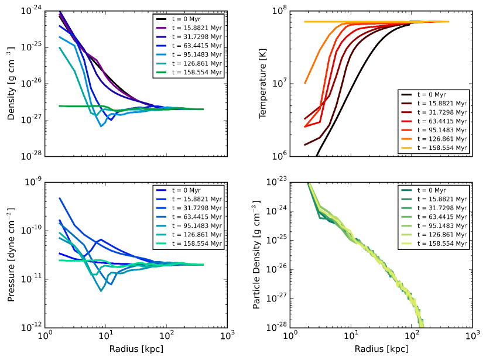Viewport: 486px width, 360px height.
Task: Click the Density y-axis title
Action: pyautogui.click(x=11, y=84)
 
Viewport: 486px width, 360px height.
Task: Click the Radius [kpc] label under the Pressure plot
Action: pyautogui.click(x=136, y=349)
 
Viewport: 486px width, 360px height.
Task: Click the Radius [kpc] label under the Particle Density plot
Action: pyautogui.click(x=381, y=349)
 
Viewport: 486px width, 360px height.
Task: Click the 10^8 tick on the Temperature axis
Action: pyautogui.click(x=280, y=10)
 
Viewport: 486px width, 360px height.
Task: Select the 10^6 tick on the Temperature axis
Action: pyautogui.click(x=280, y=156)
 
